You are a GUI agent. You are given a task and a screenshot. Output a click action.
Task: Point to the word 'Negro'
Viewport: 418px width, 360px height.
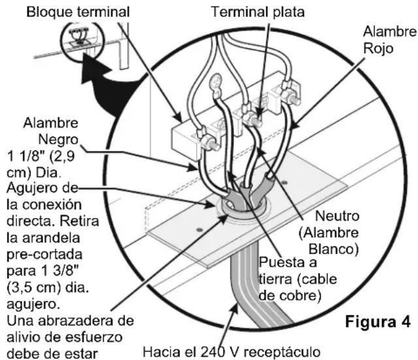click(59, 139)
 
